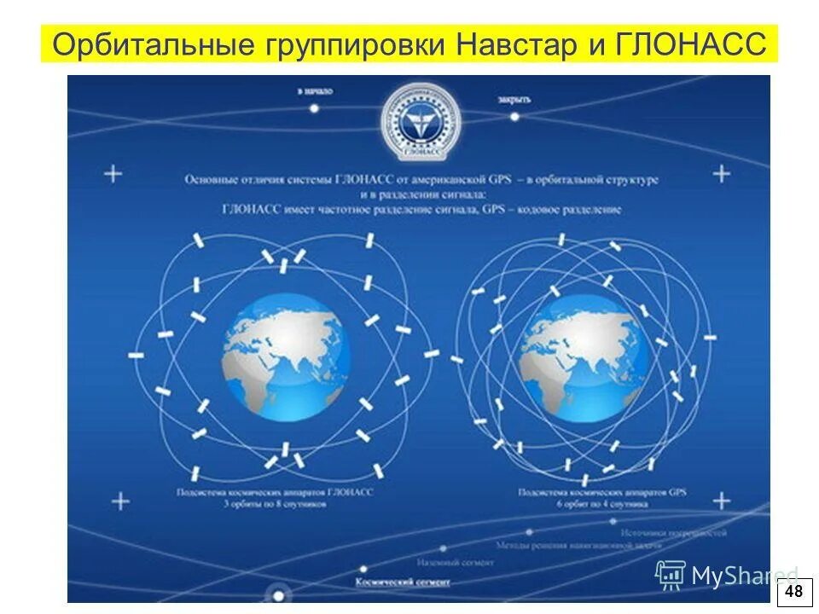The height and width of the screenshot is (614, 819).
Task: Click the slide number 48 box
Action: click(794, 592)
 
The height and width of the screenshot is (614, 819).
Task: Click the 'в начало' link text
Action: click(316, 90)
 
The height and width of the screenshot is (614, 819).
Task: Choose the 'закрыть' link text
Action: click(514, 99)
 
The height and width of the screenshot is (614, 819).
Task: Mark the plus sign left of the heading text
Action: click(113, 174)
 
